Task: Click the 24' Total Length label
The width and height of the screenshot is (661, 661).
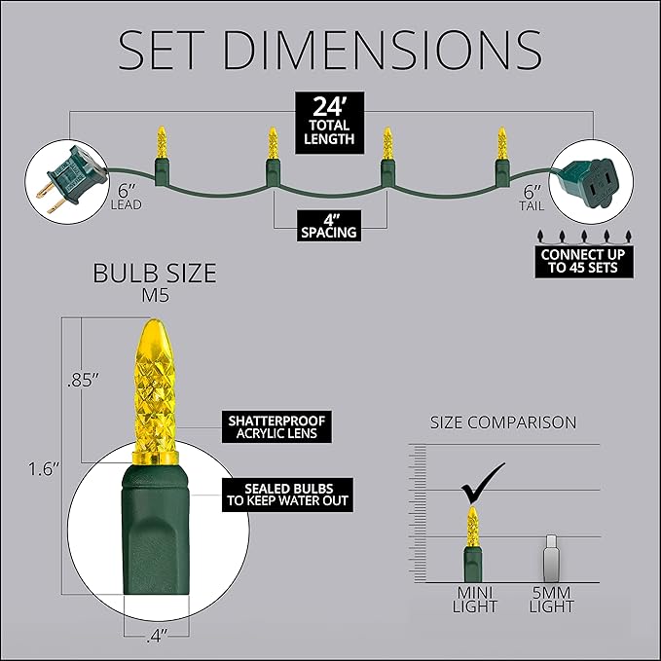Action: [329, 123]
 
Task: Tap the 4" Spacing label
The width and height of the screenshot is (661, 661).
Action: [329, 226]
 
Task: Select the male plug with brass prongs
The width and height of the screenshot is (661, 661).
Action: [71, 179]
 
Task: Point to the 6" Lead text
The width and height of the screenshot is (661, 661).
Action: [126, 197]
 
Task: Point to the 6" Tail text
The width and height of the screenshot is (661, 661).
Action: [532, 198]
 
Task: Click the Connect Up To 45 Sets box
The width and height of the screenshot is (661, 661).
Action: [584, 261]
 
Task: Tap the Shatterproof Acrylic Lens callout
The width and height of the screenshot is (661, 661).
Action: [276, 427]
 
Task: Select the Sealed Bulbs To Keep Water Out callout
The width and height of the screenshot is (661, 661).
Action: [287, 495]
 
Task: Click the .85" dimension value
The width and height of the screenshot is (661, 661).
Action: [83, 381]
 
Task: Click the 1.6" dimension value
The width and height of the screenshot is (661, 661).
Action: [44, 469]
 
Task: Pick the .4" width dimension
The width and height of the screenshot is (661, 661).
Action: [157, 636]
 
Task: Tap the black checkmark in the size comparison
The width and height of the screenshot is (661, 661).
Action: [483, 483]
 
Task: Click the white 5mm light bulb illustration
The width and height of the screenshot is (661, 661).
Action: [551, 559]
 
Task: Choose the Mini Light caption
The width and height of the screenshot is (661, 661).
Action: [475, 600]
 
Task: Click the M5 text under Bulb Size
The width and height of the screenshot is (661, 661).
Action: [155, 295]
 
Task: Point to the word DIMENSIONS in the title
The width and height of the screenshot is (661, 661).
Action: [383, 50]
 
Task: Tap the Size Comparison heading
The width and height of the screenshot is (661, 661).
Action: [503, 422]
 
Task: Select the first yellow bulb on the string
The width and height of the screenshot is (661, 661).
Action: [162, 142]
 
